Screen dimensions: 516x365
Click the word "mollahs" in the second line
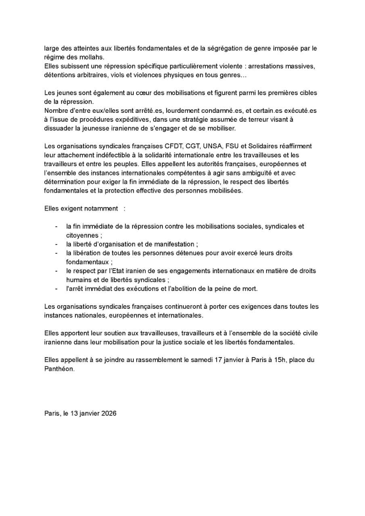coord(93,57)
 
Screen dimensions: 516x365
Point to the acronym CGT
coord(193,146)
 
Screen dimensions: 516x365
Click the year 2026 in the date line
coord(109,413)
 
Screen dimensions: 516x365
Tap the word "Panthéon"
coord(59,369)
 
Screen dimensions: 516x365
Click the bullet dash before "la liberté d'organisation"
coord(56,244)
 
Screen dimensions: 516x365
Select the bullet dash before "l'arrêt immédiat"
coord(56,289)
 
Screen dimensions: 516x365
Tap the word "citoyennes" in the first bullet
coord(82,235)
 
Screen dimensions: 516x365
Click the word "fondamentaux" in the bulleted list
coord(87,262)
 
